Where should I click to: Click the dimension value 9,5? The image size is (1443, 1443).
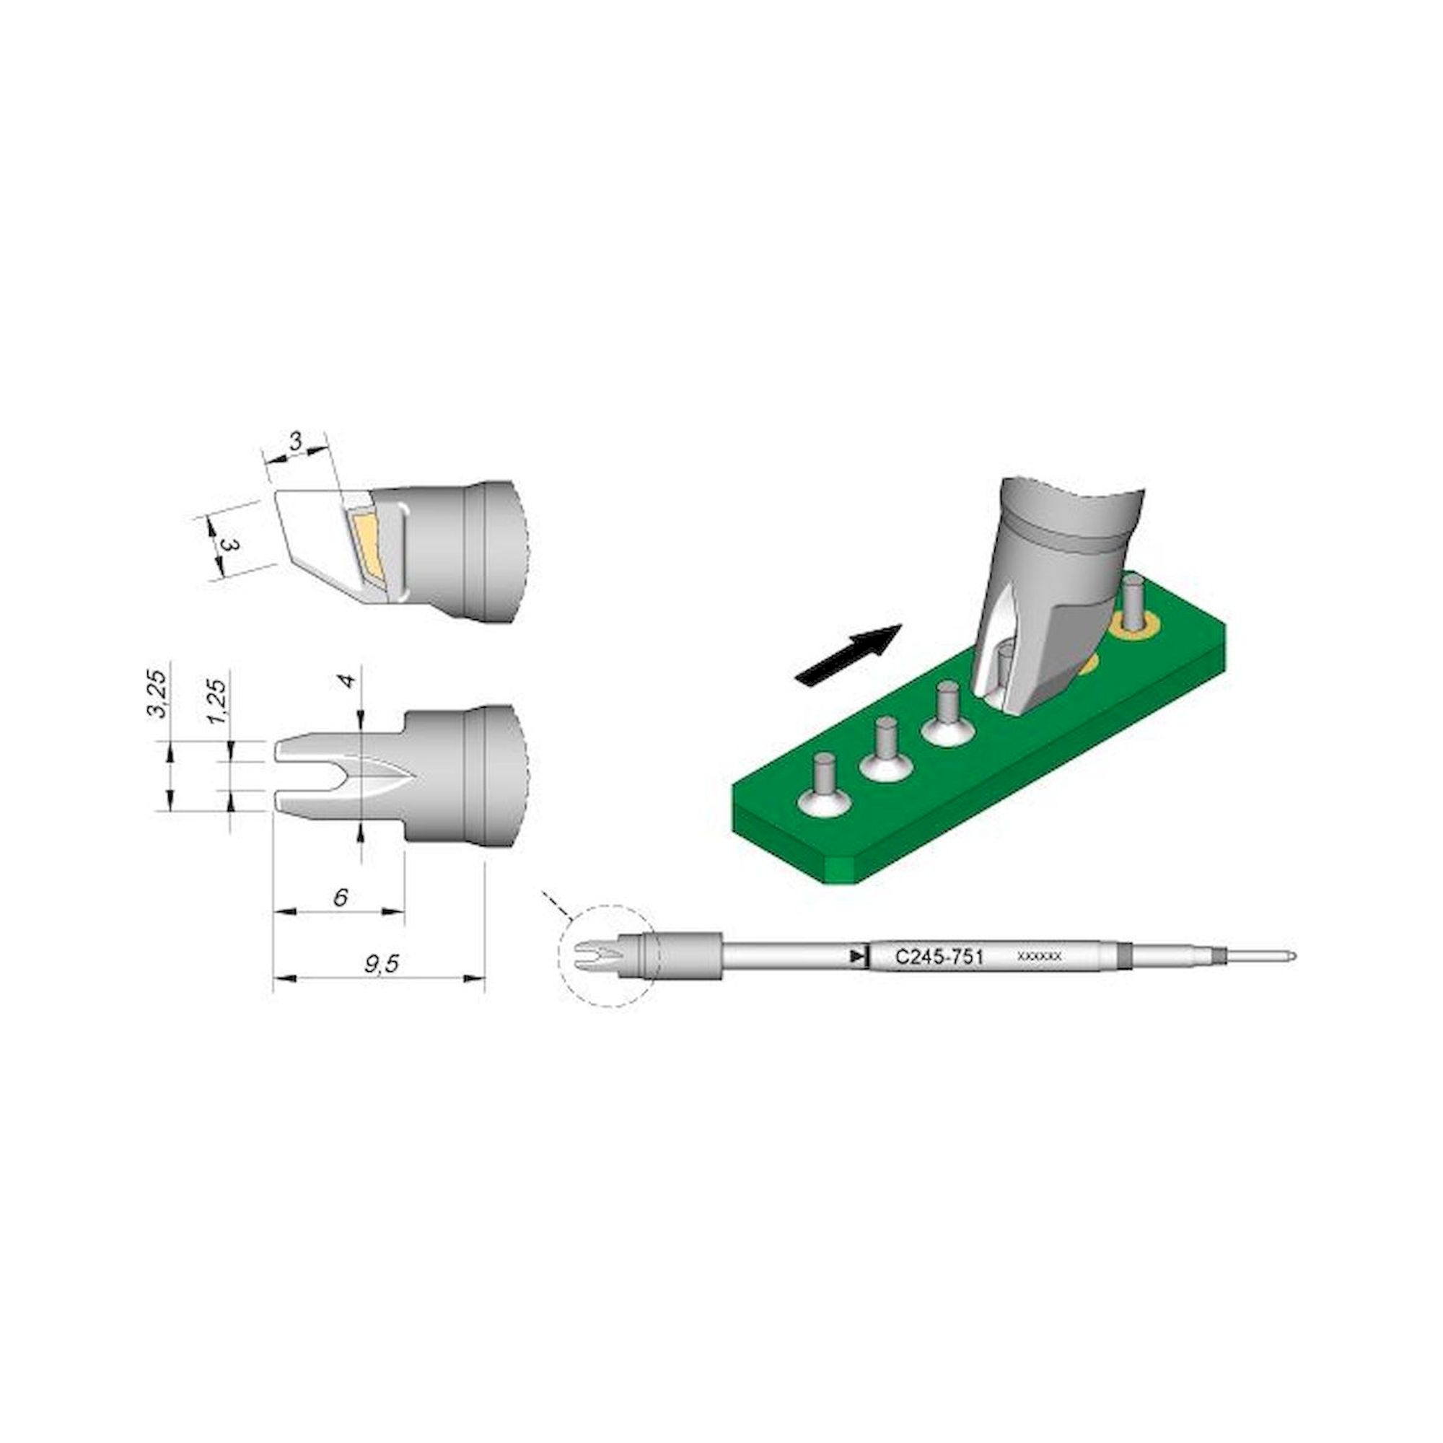coord(382,964)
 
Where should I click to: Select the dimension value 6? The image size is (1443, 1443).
coord(341,897)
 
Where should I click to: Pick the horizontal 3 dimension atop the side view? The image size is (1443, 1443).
coord(297,443)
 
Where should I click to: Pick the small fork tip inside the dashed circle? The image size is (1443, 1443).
coord(591,954)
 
